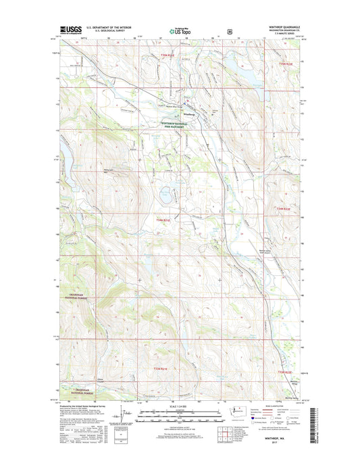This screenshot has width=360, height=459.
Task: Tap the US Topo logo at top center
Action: [x=180, y=30]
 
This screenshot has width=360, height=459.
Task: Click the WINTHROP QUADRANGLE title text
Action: [x=282, y=28]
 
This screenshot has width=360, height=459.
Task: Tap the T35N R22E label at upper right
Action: [x=287, y=64]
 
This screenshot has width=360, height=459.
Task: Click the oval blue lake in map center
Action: [x=164, y=199]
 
